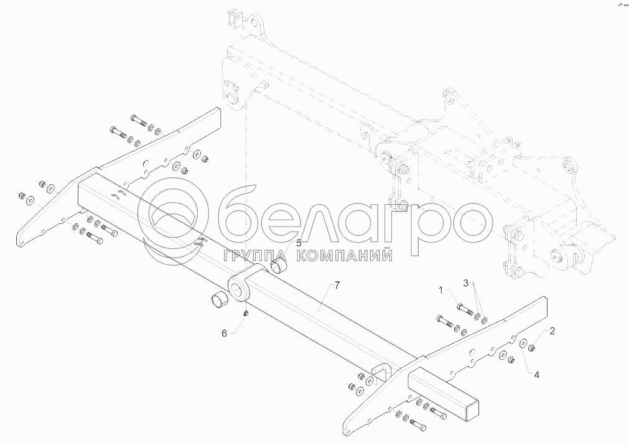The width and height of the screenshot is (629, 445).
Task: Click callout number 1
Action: pos(441,291)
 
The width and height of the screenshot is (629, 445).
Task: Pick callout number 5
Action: pos(298,243)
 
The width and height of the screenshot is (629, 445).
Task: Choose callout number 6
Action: pos(225,333)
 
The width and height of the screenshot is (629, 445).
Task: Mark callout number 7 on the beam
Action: pos(337,286)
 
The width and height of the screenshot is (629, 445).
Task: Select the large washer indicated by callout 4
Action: pos(523,342)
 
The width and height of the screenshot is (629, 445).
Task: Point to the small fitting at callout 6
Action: pos(246,312)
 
